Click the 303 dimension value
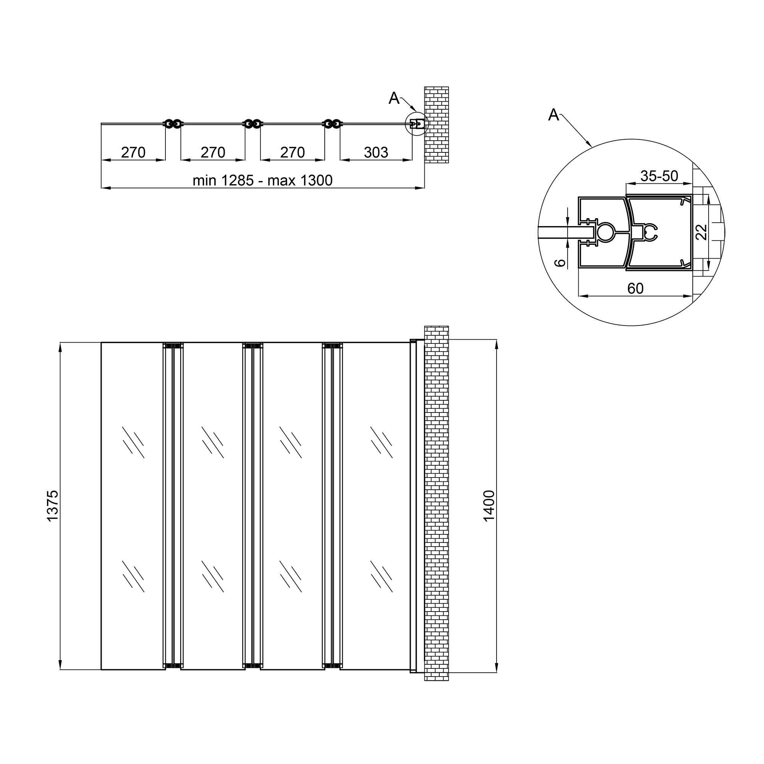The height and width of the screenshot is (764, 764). point(376,152)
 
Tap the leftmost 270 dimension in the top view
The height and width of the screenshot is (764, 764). point(133,152)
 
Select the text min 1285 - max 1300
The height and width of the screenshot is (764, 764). point(262,180)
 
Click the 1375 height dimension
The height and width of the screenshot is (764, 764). point(53,506)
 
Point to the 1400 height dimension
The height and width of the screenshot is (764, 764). point(489,506)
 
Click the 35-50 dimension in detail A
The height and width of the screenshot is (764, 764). point(659,176)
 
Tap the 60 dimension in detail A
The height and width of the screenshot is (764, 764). point(635,288)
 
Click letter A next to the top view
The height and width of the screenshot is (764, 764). point(394,98)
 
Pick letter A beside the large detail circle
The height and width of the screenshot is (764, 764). point(554,115)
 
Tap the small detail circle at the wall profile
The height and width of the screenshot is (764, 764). point(417,124)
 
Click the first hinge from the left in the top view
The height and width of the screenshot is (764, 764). point(173,124)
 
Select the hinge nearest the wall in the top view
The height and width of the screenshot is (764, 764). point(332,124)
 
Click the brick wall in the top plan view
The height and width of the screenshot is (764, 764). point(436,125)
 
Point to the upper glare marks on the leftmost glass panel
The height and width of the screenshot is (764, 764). point(133,442)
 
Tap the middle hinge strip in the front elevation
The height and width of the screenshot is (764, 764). point(252,506)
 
